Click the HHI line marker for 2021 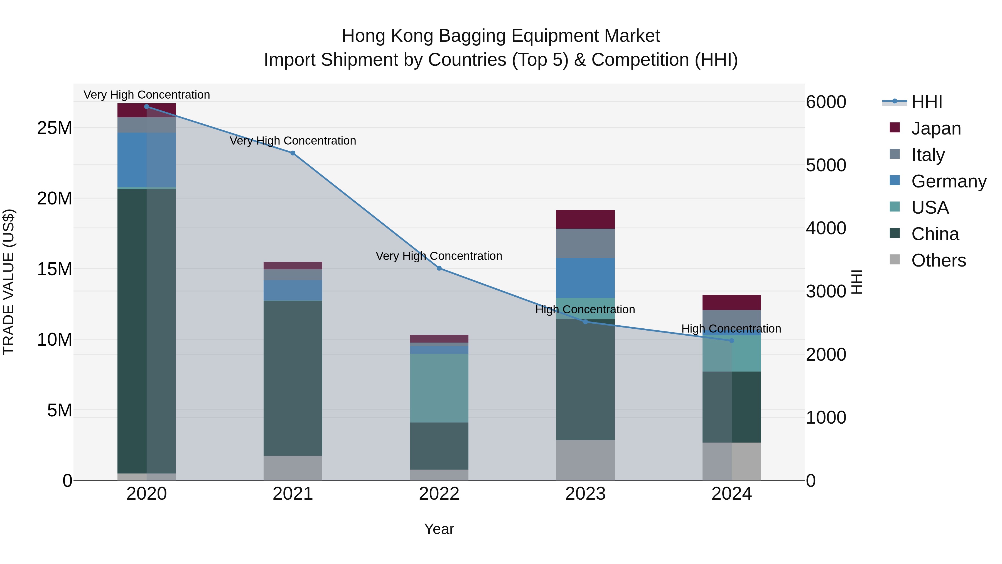point(293,153)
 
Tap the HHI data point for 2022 point(439,268)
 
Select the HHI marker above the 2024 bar point(732,341)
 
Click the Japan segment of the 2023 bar point(585,219)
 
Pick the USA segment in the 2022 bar point(439,388)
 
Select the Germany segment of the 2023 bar point(585,278)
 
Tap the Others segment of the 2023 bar point(585,460)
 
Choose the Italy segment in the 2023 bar point(585,243)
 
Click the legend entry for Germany point(948,181)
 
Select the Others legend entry point(938,260)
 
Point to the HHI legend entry point(927,102)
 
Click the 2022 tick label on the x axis point(439,494)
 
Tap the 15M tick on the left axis point(55,269)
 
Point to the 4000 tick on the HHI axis point(826,228)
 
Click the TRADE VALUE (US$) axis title point(9,282)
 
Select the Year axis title point(439,529)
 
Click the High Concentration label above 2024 point(731,329)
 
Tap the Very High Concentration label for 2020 point(147,95)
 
